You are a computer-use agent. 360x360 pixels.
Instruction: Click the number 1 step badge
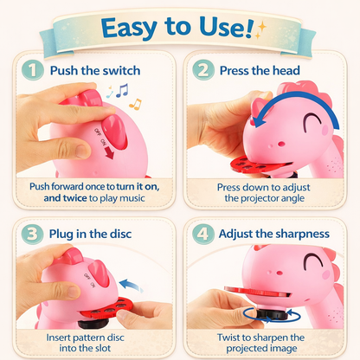[33, 70]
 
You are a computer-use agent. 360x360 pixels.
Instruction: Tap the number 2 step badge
[203, 70]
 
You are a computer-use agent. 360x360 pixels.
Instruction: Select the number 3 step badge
[32, 234]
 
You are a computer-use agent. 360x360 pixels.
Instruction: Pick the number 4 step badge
[203, 234]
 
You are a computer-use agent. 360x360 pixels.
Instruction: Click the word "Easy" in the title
[129, 28]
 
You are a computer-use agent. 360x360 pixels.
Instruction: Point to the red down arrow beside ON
[110, 153]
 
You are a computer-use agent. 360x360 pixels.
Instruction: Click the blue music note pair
[122, 90]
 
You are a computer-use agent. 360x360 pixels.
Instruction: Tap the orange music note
[136, 104]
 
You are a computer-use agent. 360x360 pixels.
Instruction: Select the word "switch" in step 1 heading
[122, 71]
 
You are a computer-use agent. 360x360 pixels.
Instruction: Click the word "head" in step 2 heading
[286, 71]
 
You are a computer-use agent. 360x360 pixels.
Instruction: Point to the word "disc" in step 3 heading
[120, 234]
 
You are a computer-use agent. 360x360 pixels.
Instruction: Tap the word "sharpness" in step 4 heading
[300, 234]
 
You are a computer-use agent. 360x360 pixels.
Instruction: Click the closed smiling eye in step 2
[312, 119]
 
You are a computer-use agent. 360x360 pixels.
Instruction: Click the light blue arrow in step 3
[132, 285]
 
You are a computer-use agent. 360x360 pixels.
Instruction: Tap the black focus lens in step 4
[272, 314]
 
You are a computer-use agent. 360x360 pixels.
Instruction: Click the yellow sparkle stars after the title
[260, 30]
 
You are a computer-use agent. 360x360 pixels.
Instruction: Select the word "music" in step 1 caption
[132, 198]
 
